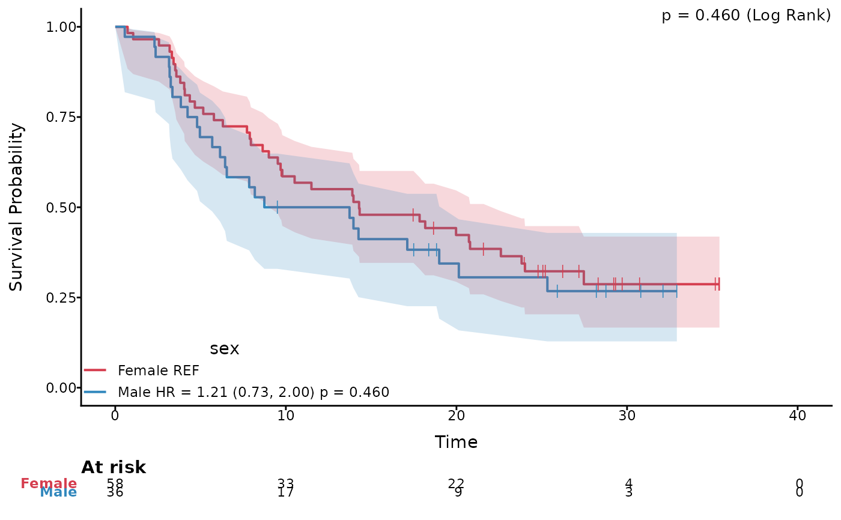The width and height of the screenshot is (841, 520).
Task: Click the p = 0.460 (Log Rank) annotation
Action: pyautogui.click(x=746, y=16)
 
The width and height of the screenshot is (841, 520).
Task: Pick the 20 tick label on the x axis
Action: pyautogui.click(x=456, y=416)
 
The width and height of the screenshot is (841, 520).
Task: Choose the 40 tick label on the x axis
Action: pyautogui.click(x=797, y=416)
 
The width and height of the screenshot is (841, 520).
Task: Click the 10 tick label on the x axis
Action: pyautogui.click(x=285, y=416)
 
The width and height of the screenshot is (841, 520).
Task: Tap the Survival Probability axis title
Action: pyautogui.click(x=16, y=207)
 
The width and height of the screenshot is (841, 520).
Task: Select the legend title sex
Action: pyautogui.click(x=224, y=349)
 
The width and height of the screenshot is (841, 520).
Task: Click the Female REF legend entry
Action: pyautogui.click(x=158, y=369)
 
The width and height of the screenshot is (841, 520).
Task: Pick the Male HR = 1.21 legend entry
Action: pyautogui.click(x=254, y=392)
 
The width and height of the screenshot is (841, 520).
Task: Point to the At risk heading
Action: pyautogui.click(x=114, y=467)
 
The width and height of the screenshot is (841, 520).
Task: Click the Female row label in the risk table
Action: pyautogui.click(x=49, y=483)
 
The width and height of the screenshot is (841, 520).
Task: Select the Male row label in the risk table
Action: pyautogui.click(x=58, y=492)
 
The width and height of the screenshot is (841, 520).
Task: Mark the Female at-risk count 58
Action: pyautogui.click(x=115, y=483)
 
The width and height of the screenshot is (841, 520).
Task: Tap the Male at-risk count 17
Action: pyautogui.click(x=285, y=492)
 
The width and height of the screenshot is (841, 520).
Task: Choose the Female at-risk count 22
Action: pyautogui.click(x=456, y=483)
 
